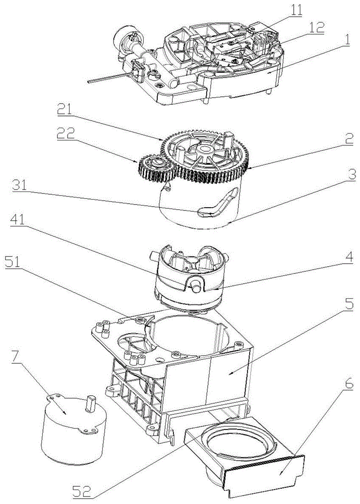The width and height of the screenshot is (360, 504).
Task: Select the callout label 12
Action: [x=316, y=28]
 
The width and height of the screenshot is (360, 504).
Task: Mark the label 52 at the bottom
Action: [x=82, y=492]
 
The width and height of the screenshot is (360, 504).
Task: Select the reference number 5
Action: [x=349, y=304]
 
